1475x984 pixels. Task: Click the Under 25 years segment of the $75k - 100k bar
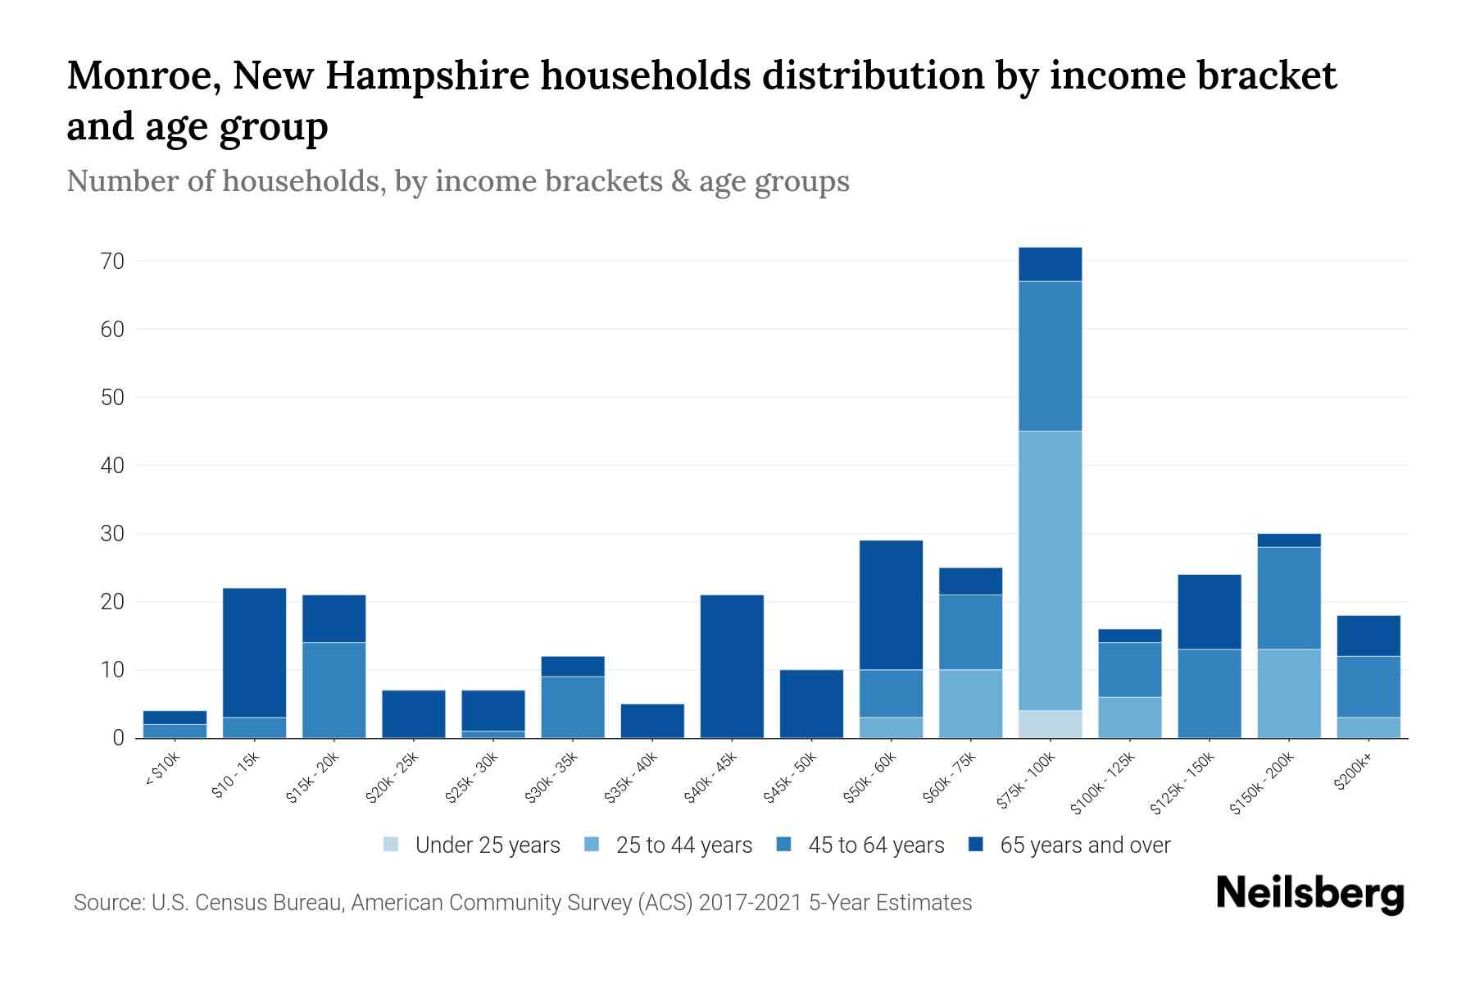(x=1050, y=724)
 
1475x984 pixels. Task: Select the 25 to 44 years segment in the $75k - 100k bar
(x=1050, y=571)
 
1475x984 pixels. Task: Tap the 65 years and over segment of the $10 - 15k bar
(x=254, y=653)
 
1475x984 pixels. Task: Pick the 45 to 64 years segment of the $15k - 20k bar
(x=334, y=690)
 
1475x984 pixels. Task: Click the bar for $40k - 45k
(x=732, y=667)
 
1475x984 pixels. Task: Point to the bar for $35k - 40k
(x=652, y=721)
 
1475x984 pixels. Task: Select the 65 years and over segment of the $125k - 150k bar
(x=1209, y=612)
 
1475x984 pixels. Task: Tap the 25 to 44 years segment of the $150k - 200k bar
(x=1288, y=694)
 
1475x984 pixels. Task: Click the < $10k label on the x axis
(x=162, y=771)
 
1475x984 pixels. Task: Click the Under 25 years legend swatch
(x=392, y=845)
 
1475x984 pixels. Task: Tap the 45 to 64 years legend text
(x=876, y=845)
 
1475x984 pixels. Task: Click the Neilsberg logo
(x=1309, y=894)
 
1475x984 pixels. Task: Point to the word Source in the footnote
(x=107, y=903)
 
